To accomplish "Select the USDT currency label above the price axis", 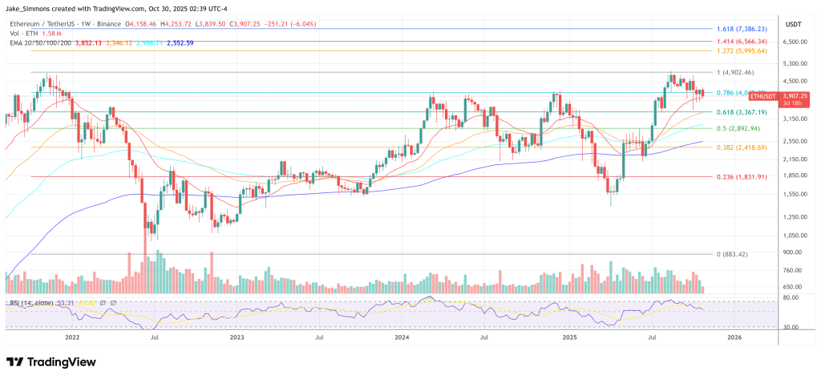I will (792, 23).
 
